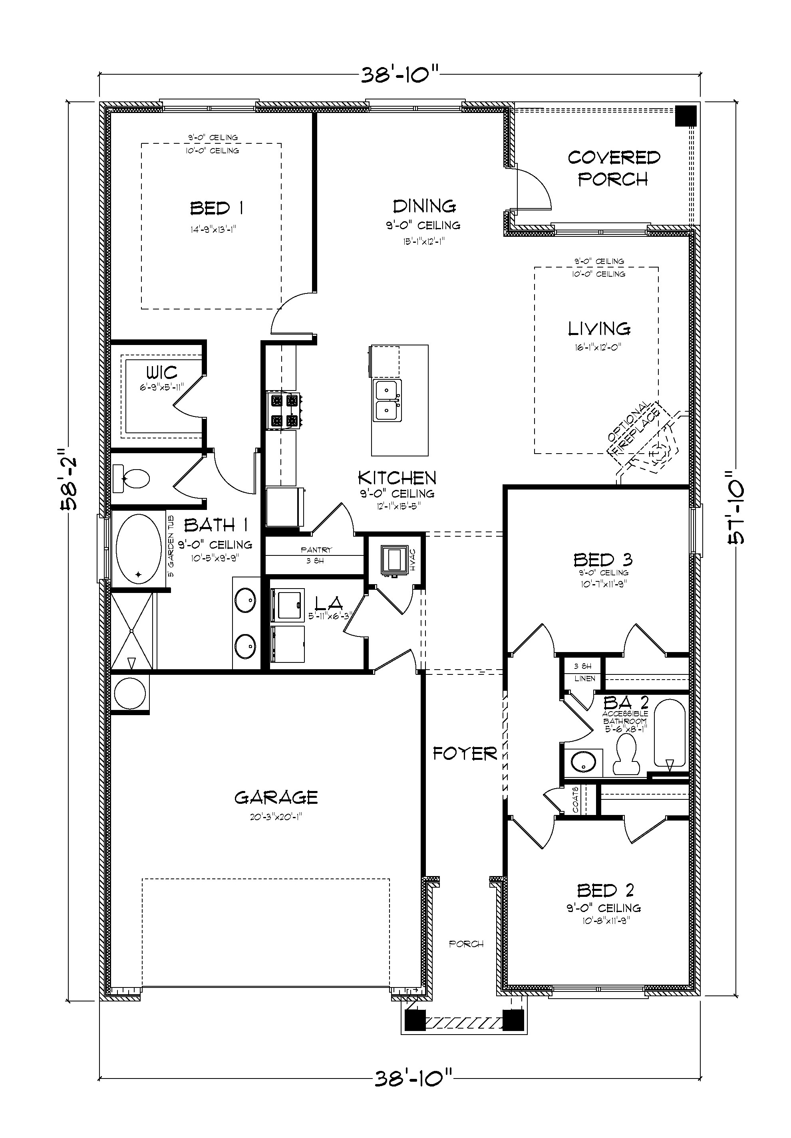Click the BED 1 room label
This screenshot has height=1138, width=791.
[217, 208]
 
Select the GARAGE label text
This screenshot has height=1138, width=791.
[276, 798]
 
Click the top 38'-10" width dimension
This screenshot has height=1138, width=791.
[399, 75]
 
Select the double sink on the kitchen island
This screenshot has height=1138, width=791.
[387, 400]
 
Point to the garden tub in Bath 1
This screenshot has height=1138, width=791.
[138, 549]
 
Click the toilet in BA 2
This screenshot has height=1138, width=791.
[626, 755]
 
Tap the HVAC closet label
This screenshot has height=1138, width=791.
[413, 560]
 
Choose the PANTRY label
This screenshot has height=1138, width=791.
[316, 550]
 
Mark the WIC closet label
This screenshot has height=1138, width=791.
[161, 372]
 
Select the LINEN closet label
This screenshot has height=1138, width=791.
[584, 678]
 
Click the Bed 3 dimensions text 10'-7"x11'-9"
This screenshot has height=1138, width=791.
[603, 584]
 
